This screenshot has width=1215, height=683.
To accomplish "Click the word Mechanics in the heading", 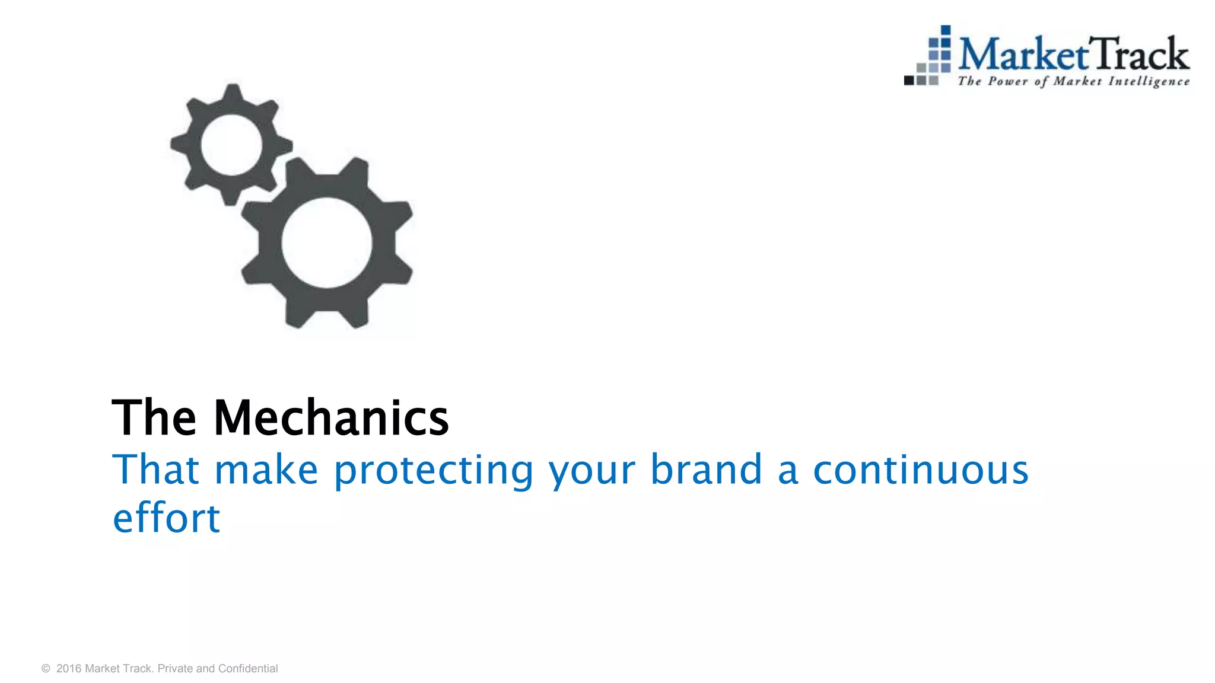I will (331, 418).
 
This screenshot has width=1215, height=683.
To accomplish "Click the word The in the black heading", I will (154, 418).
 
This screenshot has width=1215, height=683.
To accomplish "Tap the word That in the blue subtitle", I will (155, 470).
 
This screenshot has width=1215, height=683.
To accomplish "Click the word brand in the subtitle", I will (706, 470).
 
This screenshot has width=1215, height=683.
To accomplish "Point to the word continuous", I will (920, 470).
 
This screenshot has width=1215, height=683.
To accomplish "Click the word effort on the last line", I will (167, 518).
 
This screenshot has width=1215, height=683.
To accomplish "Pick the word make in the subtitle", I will (266, 470).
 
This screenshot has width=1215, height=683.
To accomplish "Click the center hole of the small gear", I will (231, 145).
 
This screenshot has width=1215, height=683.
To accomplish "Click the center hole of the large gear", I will (327, 242).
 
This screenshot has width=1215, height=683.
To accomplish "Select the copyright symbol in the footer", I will (46, 669).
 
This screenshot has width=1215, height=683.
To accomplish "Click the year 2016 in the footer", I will (69, 669).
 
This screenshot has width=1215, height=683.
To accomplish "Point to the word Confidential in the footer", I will (248, 669).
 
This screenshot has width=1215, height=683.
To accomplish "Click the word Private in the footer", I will (175, 669).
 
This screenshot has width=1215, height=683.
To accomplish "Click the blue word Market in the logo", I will (1024, 55).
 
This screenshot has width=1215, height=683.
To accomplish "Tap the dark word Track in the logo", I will (1140, 55).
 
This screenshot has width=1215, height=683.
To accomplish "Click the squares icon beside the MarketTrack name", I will (929, 57).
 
